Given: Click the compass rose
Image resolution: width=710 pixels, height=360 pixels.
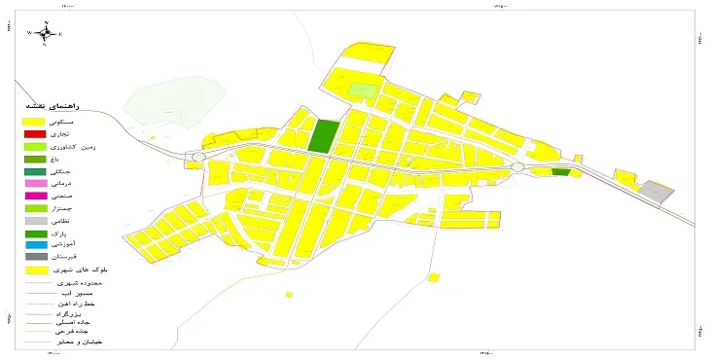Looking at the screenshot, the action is (x=46, y=33).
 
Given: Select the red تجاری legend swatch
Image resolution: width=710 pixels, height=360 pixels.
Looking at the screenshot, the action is (x=34, y=133).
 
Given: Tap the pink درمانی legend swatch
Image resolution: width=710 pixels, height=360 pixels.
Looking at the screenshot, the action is (x=34, y=183).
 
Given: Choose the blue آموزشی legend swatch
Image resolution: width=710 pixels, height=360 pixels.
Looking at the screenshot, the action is (x=34, y=244).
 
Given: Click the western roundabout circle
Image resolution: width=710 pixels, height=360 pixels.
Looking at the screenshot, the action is (x=198, y=156).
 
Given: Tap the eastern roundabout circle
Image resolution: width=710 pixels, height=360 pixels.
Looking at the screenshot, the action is (x=516, y=167).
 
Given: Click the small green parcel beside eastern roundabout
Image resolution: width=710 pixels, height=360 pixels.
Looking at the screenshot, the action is (x=560, y=172).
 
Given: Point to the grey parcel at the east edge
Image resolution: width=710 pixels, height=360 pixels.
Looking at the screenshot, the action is (x=658, y=192).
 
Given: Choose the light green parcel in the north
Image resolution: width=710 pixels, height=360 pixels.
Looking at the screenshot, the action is (x=362, y=90).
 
